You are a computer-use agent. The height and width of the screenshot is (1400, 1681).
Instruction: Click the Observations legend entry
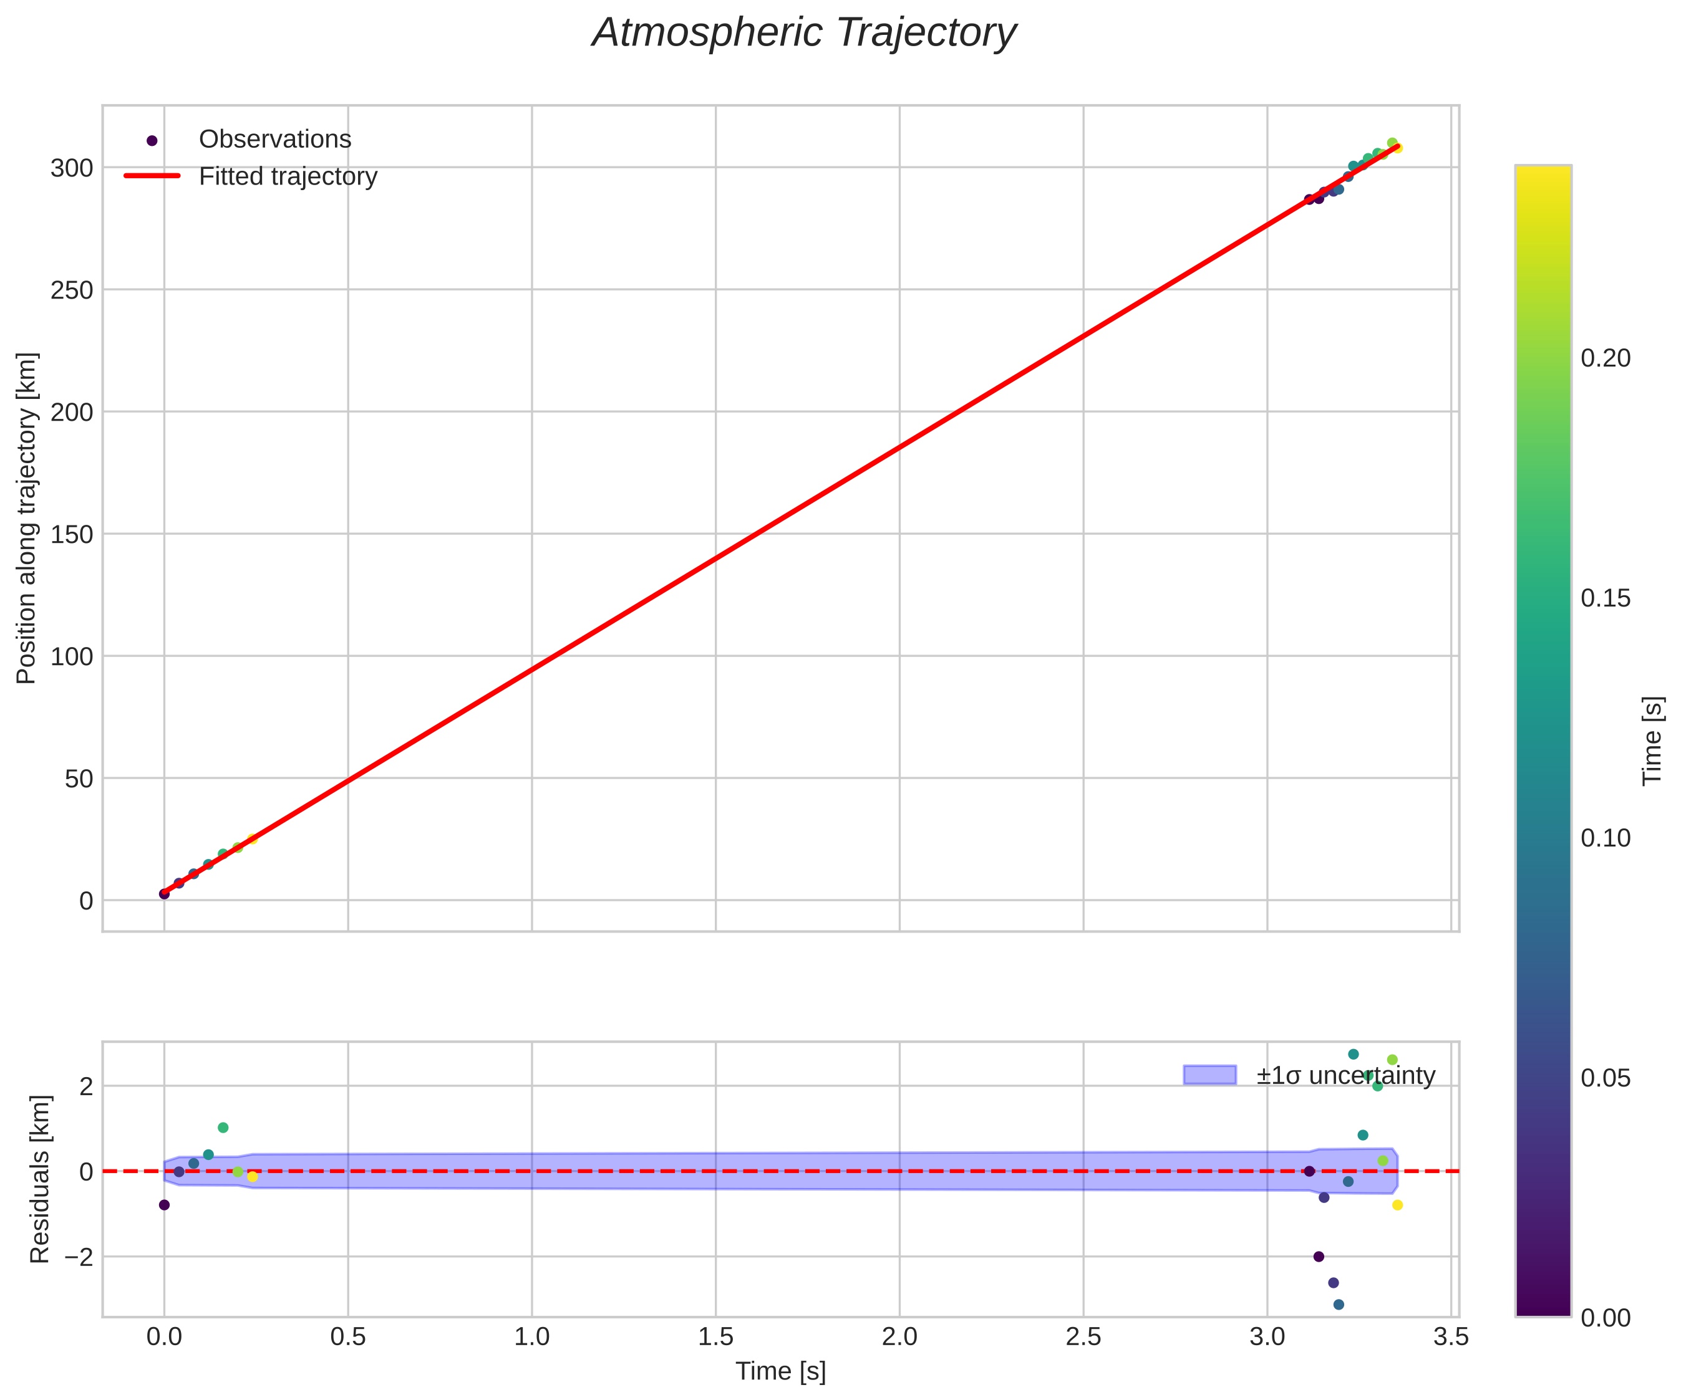pos(274,139)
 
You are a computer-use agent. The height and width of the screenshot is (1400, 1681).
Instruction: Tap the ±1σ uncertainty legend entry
pos(1345,1075)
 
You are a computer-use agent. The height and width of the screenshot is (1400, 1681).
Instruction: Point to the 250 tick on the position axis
pos(72,290)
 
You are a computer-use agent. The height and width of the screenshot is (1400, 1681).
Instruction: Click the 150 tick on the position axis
pos(72,534)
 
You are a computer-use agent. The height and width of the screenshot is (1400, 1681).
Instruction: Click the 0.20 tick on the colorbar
pos(1605,358)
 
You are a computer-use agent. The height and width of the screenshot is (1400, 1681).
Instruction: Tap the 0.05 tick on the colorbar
pos(1605,1078)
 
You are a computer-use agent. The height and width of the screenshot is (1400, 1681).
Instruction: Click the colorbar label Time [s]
pos(1652,741)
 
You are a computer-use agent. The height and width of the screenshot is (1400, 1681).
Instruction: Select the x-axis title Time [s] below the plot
pos(780,1371)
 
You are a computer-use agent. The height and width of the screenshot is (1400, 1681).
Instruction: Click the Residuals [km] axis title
pos(40,1178)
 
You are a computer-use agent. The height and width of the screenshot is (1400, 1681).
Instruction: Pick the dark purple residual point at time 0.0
pos(164,1205)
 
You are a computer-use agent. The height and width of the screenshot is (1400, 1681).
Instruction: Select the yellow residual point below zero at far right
pos(1398,1205)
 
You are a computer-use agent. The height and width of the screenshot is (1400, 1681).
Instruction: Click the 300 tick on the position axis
pos(72,168)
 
